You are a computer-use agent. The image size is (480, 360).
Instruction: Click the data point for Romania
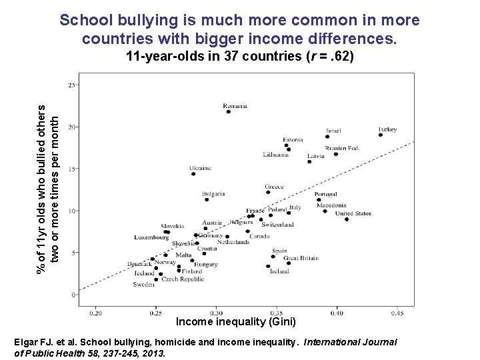[x=229, y=112]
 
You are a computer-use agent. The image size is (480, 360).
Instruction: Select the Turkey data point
[x=381, y=135]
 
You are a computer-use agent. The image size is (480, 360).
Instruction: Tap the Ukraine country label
[x=200, y=168]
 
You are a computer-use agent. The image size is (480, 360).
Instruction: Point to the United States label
[x=353, y=213]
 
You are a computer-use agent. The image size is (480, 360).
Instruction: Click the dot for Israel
[x=327, y=137]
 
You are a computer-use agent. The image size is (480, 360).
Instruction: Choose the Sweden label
[x=143, y=285]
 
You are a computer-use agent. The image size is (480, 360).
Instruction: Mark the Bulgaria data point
[x=207, y=199]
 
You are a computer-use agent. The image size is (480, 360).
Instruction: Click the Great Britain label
[x=301, y=258]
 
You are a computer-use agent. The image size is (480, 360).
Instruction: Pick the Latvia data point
[x=309, y=161]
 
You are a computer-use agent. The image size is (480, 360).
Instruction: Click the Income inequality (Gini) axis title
[x=226, y=322]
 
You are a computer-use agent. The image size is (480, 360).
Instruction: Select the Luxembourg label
[x=151, y=237]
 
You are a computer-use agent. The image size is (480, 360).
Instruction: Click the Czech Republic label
[x=183, y=279]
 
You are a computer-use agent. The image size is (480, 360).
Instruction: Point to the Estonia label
[x=293, y=139]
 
